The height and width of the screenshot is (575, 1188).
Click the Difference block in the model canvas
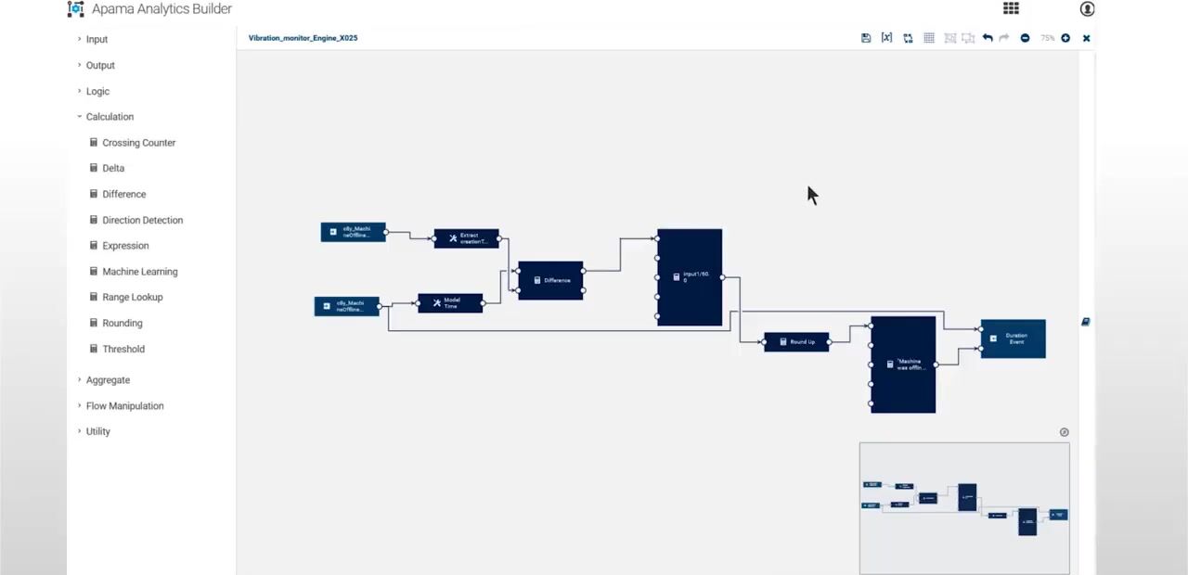click(x=551, y=280)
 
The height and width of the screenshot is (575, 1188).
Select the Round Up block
click(x=796, y=342)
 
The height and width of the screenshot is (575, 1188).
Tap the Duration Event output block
click(x=1013, y=339)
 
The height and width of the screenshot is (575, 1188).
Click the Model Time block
click(x=450, y=303)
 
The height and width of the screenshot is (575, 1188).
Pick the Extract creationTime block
click(x=466, y=238)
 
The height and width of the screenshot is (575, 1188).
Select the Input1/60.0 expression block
click(x=690, y=277)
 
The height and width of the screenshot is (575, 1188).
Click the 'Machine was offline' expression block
click(x=903, y=364)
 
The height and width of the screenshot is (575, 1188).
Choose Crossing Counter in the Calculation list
click(x=138, y=143)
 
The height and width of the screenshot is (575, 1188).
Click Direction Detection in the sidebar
click(x=142, y=220)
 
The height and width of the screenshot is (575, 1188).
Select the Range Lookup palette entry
click(x=132, y=297)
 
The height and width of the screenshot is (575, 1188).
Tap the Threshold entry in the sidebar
click(x=123, y=349)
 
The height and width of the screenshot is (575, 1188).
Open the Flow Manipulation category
click(x=124, y=405)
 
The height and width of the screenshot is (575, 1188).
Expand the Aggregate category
click(x=108, y=380)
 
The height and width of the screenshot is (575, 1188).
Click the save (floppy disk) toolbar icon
click(x=866, y=38)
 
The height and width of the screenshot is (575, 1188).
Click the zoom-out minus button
click(x=1025, y=38)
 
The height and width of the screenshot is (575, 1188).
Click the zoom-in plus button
click(x=1065, y=38)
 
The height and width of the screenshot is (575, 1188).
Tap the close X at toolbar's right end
click(x=1086, y=38)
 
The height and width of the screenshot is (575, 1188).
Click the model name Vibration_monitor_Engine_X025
click(x=303, y=38)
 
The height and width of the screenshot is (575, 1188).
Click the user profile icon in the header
click(x=1087, y=9)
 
